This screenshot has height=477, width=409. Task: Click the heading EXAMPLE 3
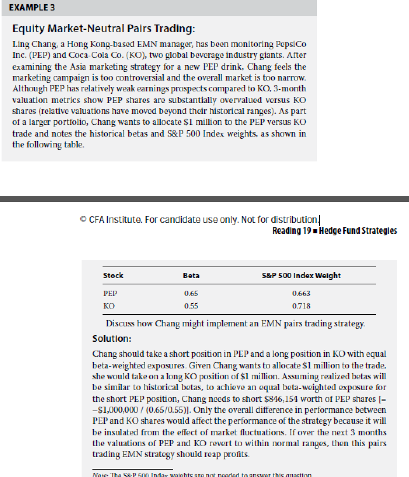click(32, 8)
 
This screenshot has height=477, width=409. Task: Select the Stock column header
click(113, 275)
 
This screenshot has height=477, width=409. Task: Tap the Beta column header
click(191, 275)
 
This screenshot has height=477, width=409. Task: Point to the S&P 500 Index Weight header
click(301, 275)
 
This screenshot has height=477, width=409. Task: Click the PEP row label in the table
click(110, 293)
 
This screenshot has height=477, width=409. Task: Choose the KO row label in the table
click(109, 306)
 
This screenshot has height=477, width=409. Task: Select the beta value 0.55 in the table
click(191, 306)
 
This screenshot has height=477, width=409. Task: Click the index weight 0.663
click(301, 293)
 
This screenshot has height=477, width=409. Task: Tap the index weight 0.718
click(301, 306)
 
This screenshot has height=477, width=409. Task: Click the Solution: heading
click(112, 339)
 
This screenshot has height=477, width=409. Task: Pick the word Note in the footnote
click(100, 475)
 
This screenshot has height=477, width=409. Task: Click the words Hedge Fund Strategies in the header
click(358, 231)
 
